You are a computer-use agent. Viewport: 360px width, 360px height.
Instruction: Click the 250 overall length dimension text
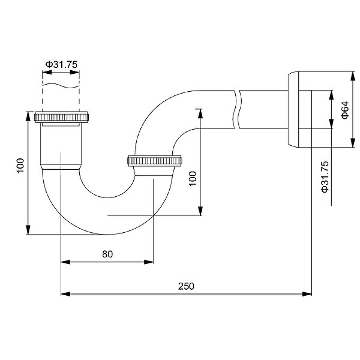pyautogui.click(x=186, y=286)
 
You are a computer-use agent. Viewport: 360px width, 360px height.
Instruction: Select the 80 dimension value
pyautogui.click(x=107, y=254)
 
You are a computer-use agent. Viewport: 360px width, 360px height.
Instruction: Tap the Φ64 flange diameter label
pyautogui.click(x=345, y=110)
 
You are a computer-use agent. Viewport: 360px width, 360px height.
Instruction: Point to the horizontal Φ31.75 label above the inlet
pyautogui.click(x=61, y=64)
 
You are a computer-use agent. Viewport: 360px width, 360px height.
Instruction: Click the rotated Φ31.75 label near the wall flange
pyautogui.click(x=325, y=177)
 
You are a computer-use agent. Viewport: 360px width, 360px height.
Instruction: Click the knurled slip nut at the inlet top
pyautogui.click(x=63, y=117)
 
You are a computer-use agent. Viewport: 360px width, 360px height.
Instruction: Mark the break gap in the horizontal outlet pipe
pyautogui.click(x=237, y=110)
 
